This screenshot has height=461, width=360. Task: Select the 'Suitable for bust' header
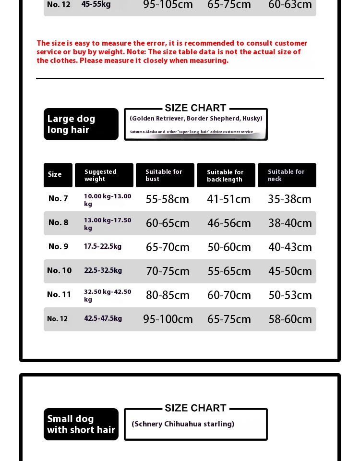[x=165, y=175]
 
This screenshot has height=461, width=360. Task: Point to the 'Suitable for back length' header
[x=226, y=176]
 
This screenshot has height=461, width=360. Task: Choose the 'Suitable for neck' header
[x=287, y=175]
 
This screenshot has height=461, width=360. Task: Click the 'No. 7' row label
[x=58, y=199]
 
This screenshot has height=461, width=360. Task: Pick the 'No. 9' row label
[x=58, y=247]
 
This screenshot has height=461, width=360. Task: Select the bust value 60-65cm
[x=168, y=223]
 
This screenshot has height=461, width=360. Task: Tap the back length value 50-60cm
[x=229, y=247]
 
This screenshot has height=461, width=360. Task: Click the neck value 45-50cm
[x=290, y=271]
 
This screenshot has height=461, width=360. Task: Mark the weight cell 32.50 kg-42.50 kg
[x=108, y=295]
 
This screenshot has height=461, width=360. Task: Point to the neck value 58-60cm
[x=290, y=319]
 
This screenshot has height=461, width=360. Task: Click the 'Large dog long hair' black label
[x=81, y=124]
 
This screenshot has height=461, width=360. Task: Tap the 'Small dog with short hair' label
[x=81, y=424]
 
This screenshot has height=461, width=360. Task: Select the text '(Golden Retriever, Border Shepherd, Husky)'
[x=196, y=119]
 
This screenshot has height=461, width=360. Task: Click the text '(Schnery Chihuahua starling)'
[x=183, y=424]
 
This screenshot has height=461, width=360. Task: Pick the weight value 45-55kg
[x=96, y=4]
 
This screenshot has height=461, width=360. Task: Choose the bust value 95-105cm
[x=168, y=5]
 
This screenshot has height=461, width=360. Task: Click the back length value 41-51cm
[x=228, y=199]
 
